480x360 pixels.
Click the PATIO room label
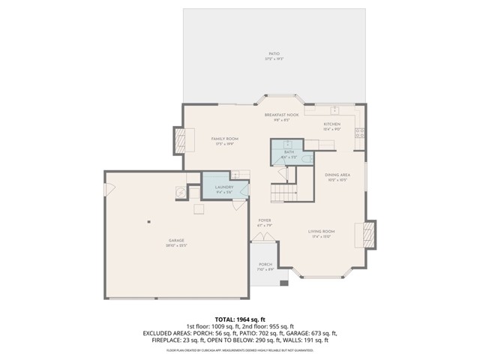tap(274, 54)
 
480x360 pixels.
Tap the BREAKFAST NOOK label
tap(281, 115)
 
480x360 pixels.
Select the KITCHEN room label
tap(331, 124)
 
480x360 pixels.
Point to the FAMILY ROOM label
tap(223, 139)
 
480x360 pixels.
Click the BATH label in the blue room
tap(289, 152)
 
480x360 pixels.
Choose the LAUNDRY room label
tap(223, 187)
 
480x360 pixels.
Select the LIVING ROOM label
tap(321, 232)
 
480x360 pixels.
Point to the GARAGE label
tap(176, 241)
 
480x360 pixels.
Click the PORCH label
tap(265, 265)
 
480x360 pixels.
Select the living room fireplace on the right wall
tap(370, 234)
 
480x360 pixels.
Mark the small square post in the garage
tap(149, 221)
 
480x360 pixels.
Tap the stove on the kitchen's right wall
tap(359, 133)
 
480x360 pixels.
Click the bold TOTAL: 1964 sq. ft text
tap(239, 319)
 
